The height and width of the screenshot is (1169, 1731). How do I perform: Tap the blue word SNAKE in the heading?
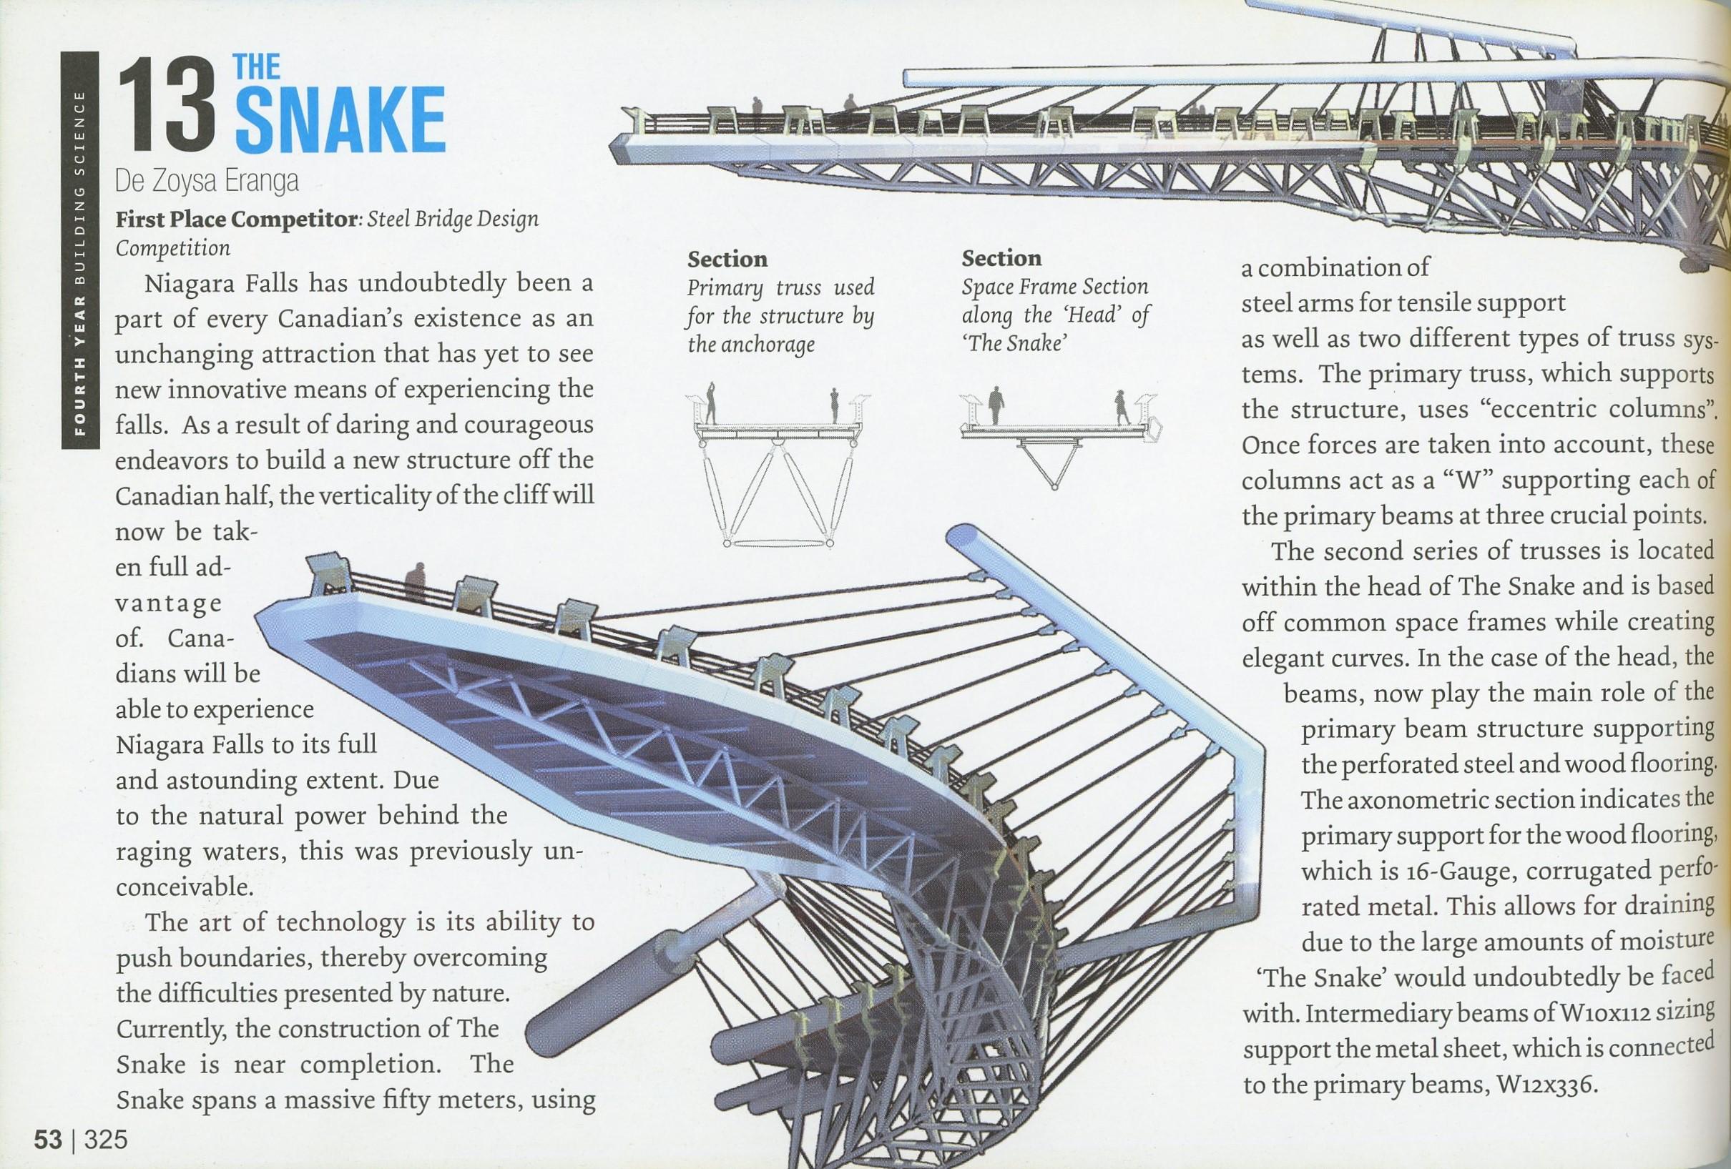click(x=340, y=122)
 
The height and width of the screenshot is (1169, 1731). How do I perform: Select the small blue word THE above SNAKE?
click(x=257, y=68)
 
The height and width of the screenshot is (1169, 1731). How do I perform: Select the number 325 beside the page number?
click(x=106, y=1140)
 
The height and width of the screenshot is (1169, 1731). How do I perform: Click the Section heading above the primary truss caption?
click(x=727, y=259)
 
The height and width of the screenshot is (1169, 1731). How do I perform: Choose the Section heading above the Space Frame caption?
click(x=1001, y=258)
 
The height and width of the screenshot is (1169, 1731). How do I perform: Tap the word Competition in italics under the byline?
click(x=172, y=247)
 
